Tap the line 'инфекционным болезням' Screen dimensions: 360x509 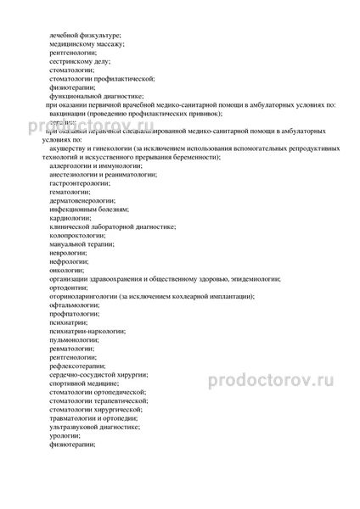click(90, 215)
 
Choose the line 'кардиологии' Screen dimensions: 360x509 click(70, 227)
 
